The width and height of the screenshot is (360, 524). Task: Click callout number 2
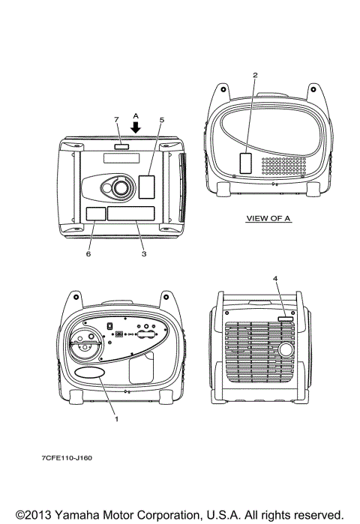[255, 75]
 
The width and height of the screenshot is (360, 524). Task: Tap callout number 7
[116, 120]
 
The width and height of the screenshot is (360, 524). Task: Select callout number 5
[162, 120]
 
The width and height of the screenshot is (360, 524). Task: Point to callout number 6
[88, 254]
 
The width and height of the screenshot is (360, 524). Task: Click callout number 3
[144, 254]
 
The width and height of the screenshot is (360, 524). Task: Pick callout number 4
[275, 278]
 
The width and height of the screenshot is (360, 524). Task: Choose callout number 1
[117, 419]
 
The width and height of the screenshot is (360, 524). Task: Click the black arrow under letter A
[136, 127]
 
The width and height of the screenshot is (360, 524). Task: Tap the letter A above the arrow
[136, 116]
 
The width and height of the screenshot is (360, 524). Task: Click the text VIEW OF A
[268, 219]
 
